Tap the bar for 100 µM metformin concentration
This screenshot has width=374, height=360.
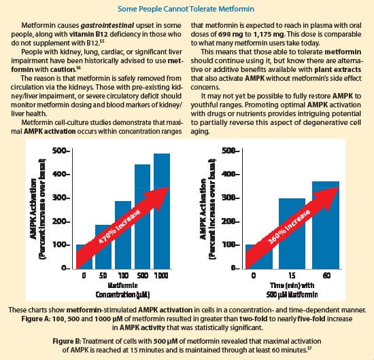tap(122, 234)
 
